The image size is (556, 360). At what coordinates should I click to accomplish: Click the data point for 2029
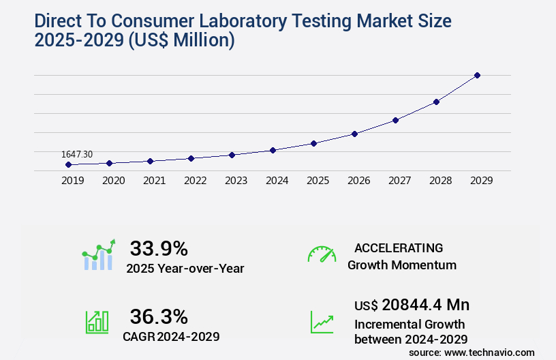point(477,75)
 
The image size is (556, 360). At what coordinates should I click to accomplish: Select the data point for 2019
point(68,164)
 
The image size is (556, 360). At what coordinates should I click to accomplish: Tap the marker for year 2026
point(354,134)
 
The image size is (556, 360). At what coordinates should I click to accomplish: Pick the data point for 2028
point(436,102)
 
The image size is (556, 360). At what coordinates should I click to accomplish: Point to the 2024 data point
point(273,150)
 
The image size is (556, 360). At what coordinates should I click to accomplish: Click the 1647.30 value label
point(77,155)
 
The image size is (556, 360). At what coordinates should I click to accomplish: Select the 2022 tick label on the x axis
point(195,181)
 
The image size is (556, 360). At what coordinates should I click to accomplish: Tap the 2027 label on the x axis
point(399,181)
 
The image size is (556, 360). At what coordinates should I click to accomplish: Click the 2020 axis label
point(113,181)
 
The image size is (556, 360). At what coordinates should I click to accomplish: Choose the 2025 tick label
point(318,181)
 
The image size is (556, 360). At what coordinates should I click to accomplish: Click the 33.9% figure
point(159,248)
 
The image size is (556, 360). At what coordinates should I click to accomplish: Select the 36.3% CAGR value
point(159,316)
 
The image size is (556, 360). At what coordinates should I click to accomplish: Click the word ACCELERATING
point(399,247)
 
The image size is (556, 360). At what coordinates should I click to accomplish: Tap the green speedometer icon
point(322,254)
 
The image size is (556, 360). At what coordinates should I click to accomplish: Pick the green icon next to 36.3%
point(97,322)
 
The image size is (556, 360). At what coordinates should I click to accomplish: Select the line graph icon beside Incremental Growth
point(322,322)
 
